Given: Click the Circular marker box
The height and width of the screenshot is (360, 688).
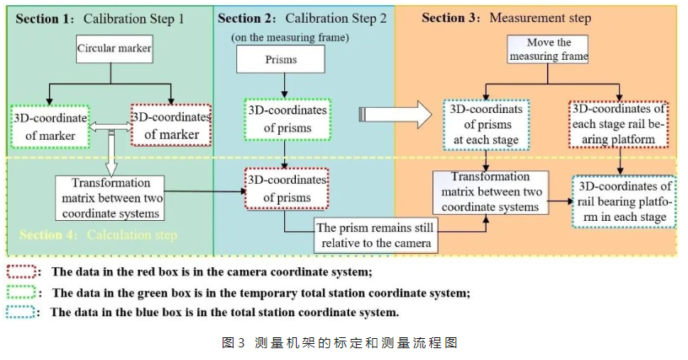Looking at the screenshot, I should click(x=114, y=50).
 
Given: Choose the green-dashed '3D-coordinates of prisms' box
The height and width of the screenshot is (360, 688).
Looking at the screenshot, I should click(x=288, y=120).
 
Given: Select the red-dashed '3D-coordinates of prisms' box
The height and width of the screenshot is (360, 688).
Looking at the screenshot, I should click(x=288, y=187).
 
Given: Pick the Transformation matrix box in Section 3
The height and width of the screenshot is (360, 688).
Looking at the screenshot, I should click(x=490, y=193).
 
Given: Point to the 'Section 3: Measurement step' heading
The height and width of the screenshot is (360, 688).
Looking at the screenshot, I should click(x=506, y=19).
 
